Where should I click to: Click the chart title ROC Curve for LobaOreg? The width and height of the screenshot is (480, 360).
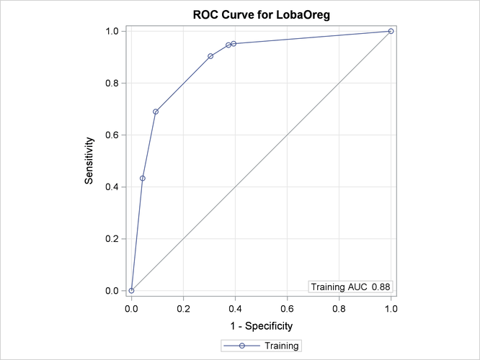pyautogui.click(x=261, y=15)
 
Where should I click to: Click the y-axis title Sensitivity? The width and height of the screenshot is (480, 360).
pyautogui.click(x=89, y=161)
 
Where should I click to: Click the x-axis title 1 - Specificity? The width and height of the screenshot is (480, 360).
pyautogui.click(x=261, y=326)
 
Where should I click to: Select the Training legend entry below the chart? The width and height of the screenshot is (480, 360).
pyautogui.click(x=261, y=346)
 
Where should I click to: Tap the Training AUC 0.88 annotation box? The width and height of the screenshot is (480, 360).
pyautogui.click(x=350, y=287)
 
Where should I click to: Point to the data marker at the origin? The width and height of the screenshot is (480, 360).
pyautogui.click(x=131, y=291)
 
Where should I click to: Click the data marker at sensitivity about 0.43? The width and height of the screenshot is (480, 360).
pyautogui.click(x=143, y=178)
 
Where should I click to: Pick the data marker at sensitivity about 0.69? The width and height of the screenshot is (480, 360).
pyautogui.click(x=156, y=112)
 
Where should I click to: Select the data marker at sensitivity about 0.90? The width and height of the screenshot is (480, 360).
pyautogui.click(x=210, y=56)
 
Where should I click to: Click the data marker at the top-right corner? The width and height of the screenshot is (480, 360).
pyautogui.click(x=391, y=31)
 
